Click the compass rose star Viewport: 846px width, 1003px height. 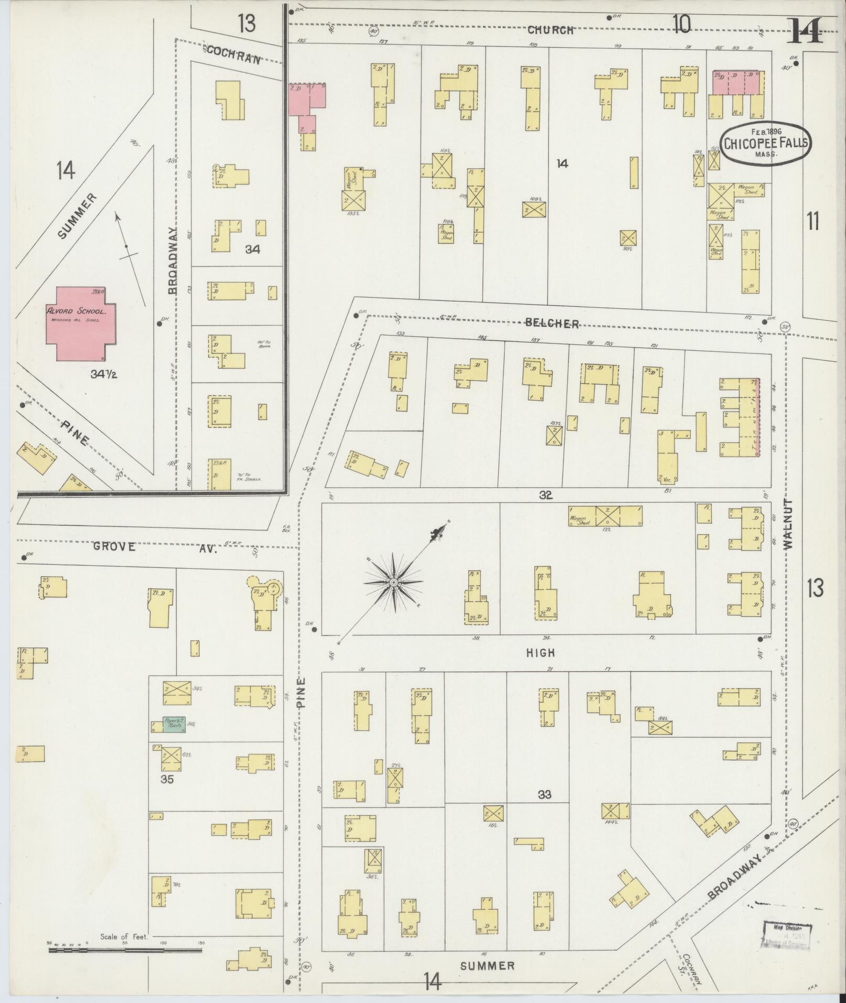(393, 582)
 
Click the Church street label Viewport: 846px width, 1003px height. (550, 30)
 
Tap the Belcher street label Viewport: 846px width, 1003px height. (552, 323)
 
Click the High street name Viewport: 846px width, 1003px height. (541, 653)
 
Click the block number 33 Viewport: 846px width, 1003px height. (544, 809)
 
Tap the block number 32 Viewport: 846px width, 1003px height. (545, 494)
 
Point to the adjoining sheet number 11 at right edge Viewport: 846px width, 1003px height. (813, 222)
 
